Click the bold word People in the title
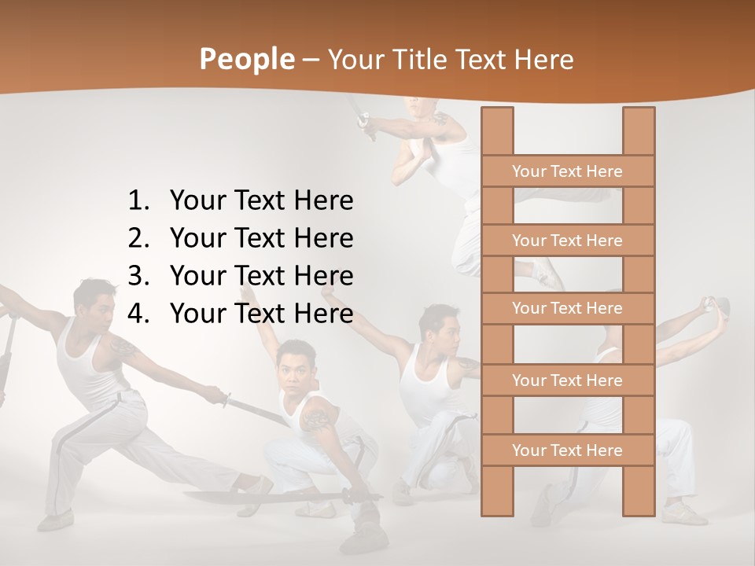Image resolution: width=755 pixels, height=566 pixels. [x=246, y=59]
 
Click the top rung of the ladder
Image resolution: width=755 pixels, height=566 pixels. [x=567, y=171]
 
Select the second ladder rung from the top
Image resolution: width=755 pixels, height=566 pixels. [x=567, y=241]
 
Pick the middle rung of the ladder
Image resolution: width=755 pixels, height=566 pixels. [x=567, y=308]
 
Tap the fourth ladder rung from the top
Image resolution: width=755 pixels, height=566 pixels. [x=567, y=380]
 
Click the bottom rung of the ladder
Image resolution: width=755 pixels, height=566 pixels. [x=567, y=450]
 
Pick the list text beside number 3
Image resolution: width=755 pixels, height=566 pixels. [x=261, y=276]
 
